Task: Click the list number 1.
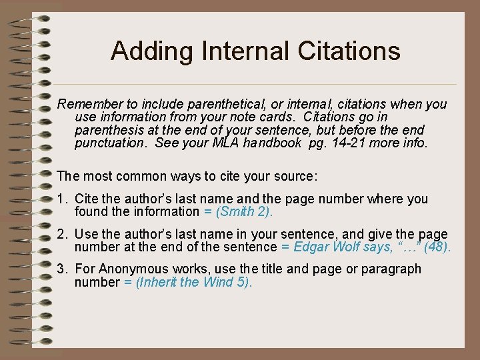coord(61,199)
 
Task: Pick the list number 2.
coord(61,234)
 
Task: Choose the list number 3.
coord(61,269)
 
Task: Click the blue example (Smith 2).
coord(244,212)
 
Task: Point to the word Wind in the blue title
coord(219,282)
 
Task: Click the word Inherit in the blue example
coord(157,282)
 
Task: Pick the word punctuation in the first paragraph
coord(110,143)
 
